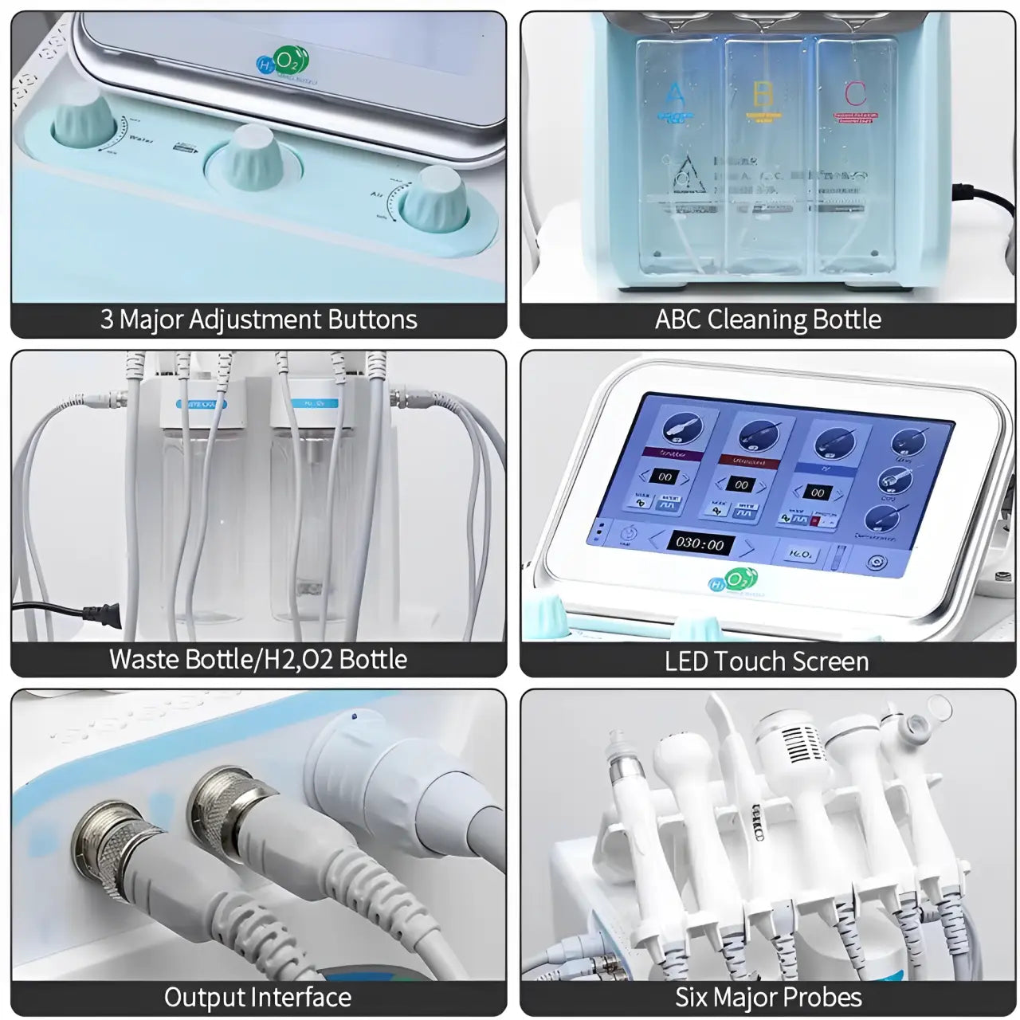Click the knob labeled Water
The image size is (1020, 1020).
86,120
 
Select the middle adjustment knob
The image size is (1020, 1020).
253,159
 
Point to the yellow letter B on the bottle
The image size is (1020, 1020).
763,94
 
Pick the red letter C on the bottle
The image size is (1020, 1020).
854,94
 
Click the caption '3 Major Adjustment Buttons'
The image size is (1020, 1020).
258,320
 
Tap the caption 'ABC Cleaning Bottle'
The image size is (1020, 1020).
767,320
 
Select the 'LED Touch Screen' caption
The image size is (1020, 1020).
766,661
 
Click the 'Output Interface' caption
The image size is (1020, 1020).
257,997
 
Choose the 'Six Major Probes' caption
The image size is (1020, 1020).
768,997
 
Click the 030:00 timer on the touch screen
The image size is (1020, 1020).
700,543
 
